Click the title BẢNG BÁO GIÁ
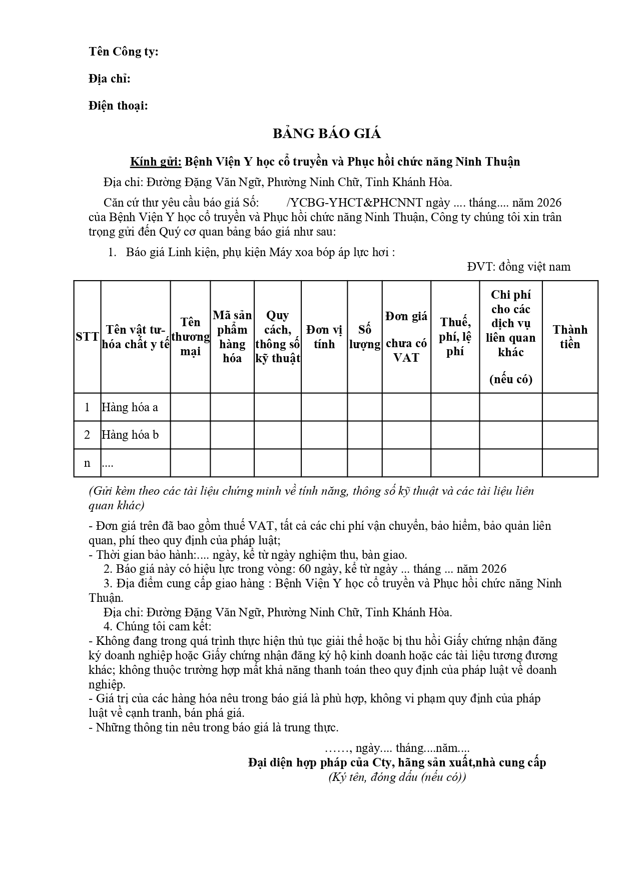326,134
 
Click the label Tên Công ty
124,52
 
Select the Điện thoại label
118,106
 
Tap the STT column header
87,337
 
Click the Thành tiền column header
570,337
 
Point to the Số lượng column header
364,337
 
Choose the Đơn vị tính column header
324,337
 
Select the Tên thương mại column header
190,337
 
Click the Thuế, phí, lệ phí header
455,337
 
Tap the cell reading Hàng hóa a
130,407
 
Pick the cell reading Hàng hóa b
130,435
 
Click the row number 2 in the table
87,435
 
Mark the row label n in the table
87,463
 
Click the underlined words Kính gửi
155,162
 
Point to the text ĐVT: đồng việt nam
518,267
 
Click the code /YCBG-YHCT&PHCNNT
355,203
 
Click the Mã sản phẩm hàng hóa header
232,337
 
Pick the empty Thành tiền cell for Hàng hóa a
570,407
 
